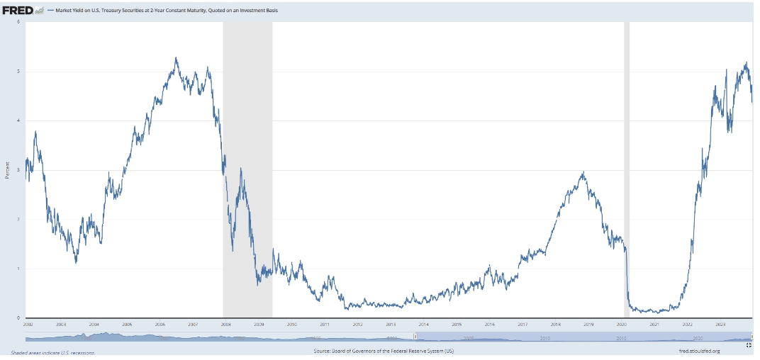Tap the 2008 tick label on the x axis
225,324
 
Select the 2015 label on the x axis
457,324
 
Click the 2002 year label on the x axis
28,324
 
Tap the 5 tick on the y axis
18,72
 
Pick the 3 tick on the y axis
18,170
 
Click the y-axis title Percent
7,170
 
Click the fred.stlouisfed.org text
699,351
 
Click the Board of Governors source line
383,351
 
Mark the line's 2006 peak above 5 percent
176,58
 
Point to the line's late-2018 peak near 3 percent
583,172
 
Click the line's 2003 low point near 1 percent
76,262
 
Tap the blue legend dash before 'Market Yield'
50,11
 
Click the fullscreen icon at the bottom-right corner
748,345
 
